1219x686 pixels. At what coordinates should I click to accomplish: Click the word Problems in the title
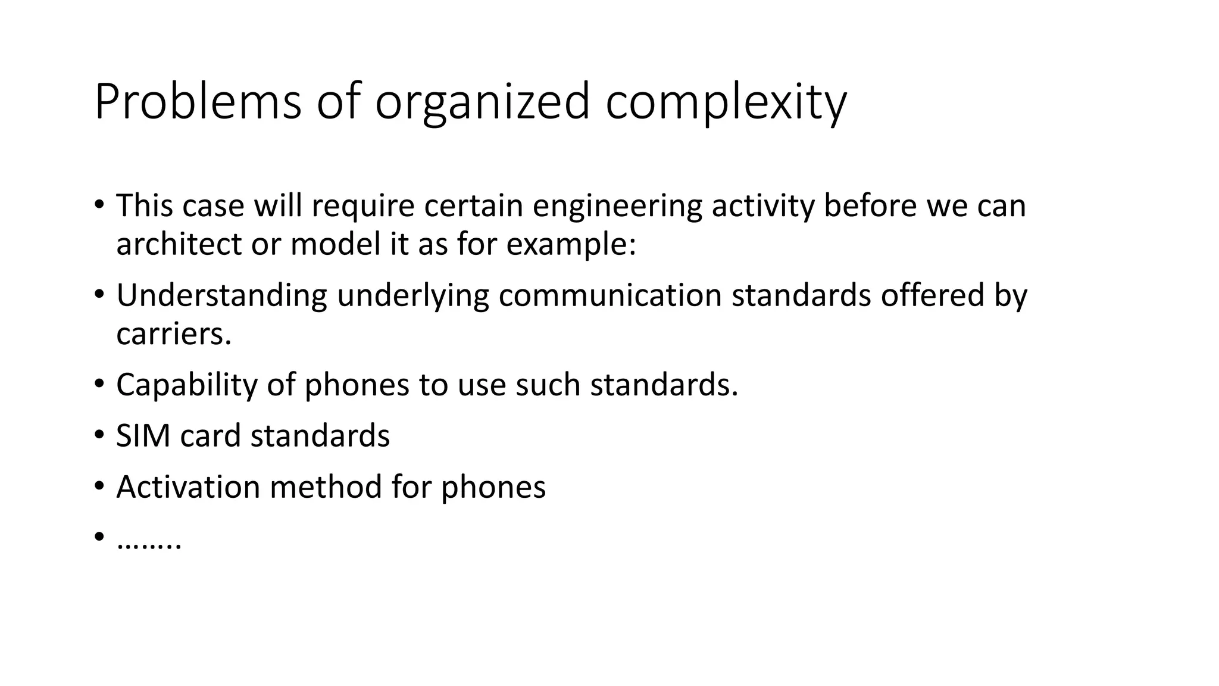click(x=198, y=102)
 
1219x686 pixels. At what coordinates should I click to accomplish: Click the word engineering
click(x=617, y=207)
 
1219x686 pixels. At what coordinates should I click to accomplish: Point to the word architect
click(x=179, y=244)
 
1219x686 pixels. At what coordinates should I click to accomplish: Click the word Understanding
click(x=221, y=296)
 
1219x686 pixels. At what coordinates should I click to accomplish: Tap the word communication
click(x=610, y=296)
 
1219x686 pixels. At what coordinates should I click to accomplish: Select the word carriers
click(x=173, y=334)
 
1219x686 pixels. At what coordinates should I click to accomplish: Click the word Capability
click(x=186, y=385)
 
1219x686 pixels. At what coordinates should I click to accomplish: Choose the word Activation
click(x=187, y=487)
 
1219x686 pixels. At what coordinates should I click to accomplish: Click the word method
click(x=326, y=487)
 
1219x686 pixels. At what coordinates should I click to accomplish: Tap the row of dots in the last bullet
click(x=149, y=543)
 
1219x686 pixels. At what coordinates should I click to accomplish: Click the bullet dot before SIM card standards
click(x=99, y=435)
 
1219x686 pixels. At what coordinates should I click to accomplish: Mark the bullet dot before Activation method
click(x=99, y=487)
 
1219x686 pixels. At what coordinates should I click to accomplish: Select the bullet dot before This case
click(x=99, y=205)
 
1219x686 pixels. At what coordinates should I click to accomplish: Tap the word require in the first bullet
click(x=362, y=207)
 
